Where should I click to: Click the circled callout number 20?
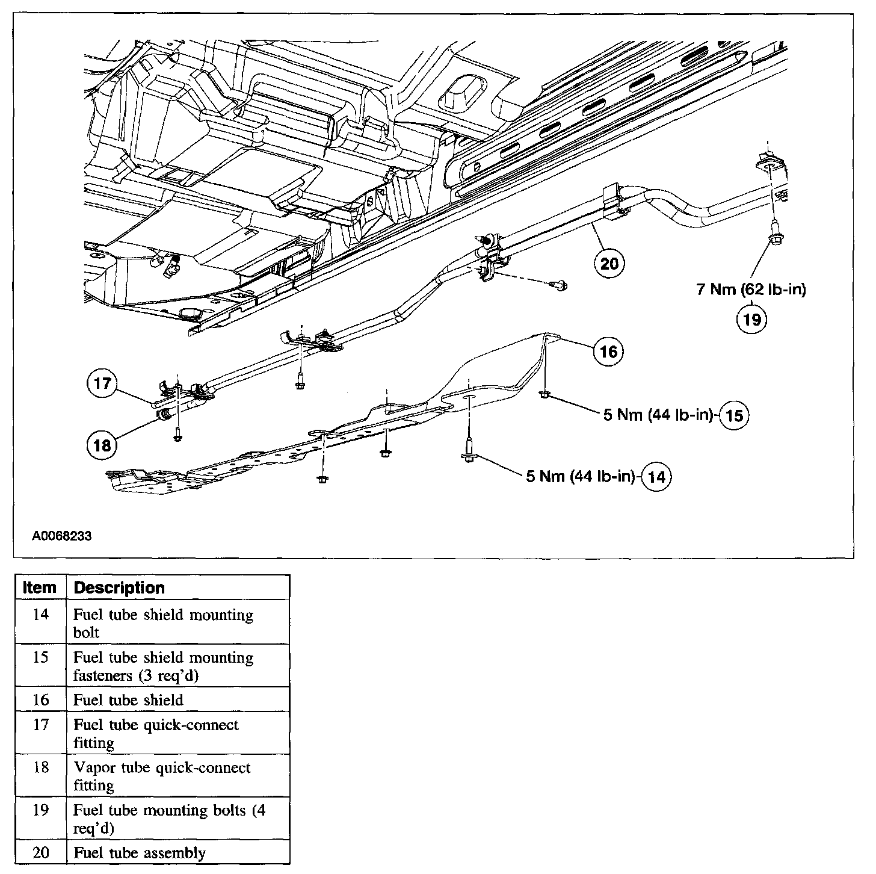609,263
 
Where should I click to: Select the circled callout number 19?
752,318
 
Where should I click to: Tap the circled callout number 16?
608,351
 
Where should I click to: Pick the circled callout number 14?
657,477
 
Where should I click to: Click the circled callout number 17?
103,383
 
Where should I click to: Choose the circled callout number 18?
103,445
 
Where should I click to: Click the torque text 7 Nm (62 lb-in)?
751,290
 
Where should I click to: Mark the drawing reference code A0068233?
62,535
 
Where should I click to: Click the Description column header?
119,587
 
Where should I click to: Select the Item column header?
40,587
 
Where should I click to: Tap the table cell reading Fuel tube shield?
128,700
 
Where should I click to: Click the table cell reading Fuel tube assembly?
140,853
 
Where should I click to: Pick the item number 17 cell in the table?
40,725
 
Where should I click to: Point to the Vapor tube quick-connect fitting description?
162,776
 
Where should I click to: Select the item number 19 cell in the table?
40,810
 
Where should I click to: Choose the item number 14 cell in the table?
40,615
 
